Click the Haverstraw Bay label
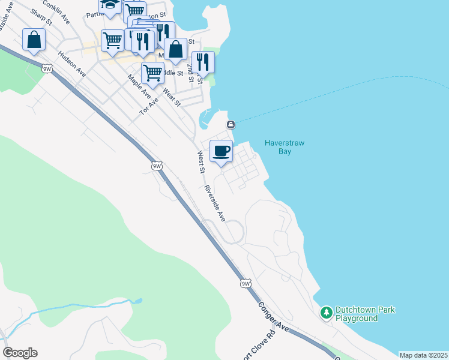tap(277, 147)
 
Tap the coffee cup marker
tap(221, 151)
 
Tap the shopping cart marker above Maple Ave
tap(152, 73)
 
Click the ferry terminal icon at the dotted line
tap(231, 124)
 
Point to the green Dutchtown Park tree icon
tap(326, 312)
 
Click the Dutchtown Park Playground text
tap(365, 314)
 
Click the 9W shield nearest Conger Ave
tap(245, 283)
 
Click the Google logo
tap(20, 353)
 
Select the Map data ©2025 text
tap(423, 355)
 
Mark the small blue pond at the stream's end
tap(139, 301)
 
